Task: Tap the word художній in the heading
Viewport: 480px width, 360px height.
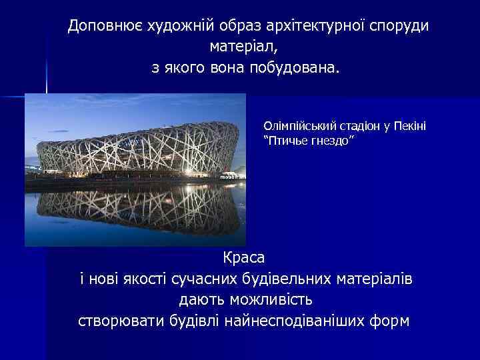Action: coord(165,26)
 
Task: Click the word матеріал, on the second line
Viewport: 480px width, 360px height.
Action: coord(242,47)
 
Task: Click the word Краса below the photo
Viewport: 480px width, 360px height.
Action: coord(243,257)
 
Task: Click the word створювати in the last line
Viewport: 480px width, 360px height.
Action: coord(119,321)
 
